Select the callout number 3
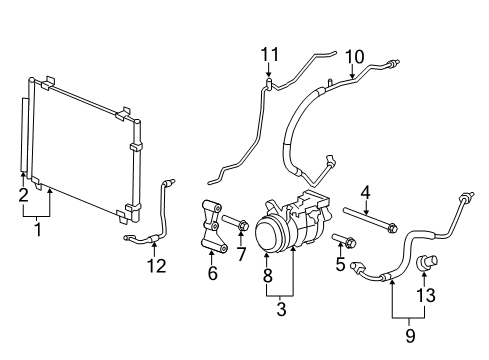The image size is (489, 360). (x=281, y=311)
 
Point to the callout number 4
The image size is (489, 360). (x=365, y=191)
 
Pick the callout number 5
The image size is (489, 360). (x=341, y=265)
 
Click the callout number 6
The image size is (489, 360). (x=212, y=273)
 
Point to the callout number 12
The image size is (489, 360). (x=154, y=265)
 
